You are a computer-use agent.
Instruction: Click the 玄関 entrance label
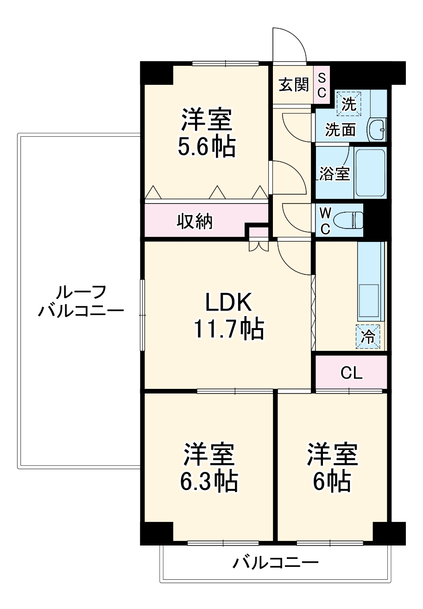click(x=293, y=84)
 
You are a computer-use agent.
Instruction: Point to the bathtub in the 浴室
click(x=370, y=172)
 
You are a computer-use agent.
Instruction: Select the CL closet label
click(x=351, y=372)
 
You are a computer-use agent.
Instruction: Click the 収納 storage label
click(x=195, y=222)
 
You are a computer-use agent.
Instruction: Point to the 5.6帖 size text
click(x=206, y=147)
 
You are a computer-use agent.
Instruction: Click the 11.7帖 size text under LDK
click(x=228, y=329)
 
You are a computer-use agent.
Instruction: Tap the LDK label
click(x=228, y=304)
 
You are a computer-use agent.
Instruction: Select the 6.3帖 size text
click(x=208, y=482)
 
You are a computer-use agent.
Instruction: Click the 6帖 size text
click(x=331, y=482)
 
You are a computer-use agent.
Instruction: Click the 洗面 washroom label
click(x=340, y=130)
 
